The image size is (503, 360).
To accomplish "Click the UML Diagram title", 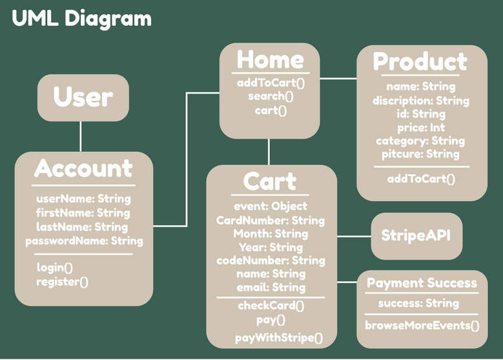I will [81, 19].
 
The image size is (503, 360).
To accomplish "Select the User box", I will [83, 97].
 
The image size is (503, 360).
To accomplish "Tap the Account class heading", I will [83, 169].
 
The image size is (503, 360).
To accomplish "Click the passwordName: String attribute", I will [84, 241].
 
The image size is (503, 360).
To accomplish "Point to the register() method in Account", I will [63, 281].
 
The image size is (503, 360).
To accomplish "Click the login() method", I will [55, 267].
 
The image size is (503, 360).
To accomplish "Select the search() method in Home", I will [271, 96].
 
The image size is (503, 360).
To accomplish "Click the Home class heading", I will [271, 59].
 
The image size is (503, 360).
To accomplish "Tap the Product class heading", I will [420, 62].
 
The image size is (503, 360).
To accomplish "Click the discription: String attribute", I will [420, 100].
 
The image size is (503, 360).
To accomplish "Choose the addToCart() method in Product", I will [421, 178].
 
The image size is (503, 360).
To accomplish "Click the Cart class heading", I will [270, 182].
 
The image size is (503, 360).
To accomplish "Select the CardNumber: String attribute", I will [271, 220].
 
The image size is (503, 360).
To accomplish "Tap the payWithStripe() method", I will [278, 337].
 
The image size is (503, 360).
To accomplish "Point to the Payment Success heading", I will [422, 283].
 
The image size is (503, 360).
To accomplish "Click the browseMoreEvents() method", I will [422, 325].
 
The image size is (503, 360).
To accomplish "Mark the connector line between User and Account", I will [81, 136].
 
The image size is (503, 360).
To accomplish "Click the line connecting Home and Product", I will [338, 79].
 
